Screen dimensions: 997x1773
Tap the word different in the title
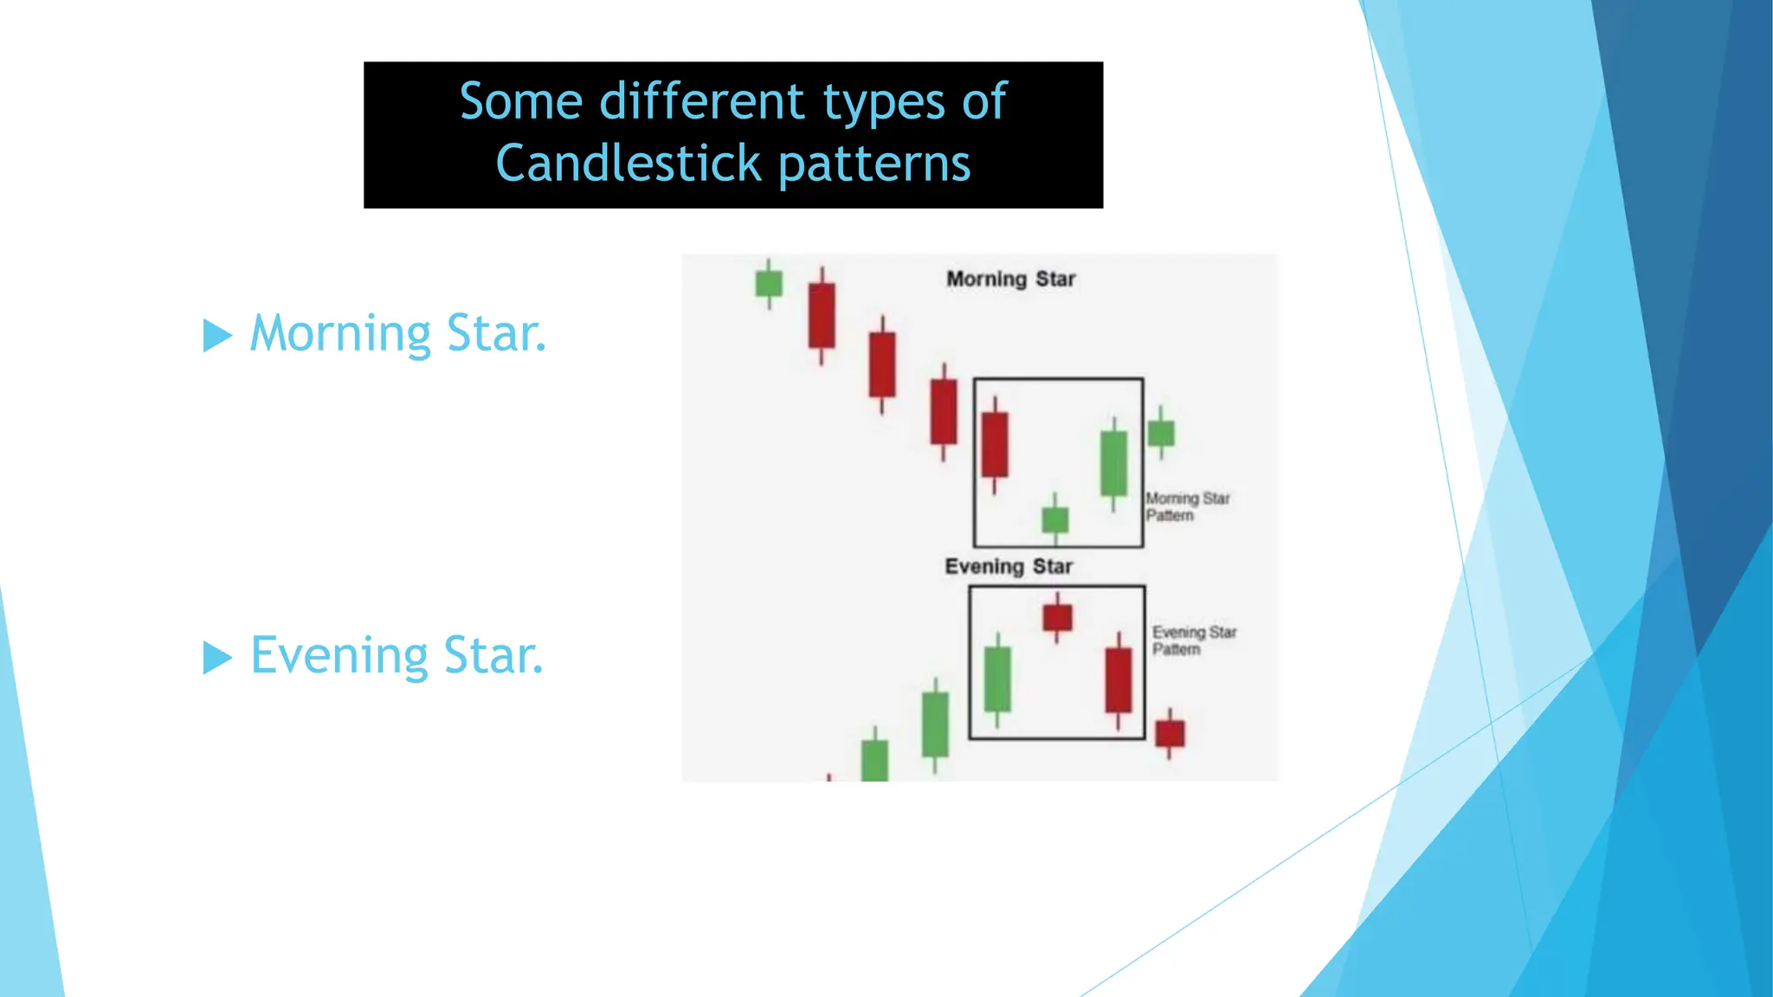tap(702, 101)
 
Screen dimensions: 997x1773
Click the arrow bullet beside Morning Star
tap(217, 335)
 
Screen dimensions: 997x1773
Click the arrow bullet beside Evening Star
tap(217, 657)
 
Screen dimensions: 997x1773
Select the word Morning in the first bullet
tap(340, 333)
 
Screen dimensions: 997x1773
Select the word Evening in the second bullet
tap(338, 655)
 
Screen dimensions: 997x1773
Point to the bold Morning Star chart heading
tap(1010, 279)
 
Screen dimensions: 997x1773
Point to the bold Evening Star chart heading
tap(1009, 566)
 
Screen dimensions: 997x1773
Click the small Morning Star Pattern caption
tap(1186, 506)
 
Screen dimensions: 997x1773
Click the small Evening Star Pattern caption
tap(1194, 640)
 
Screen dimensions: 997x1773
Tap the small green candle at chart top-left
tap(769, 283)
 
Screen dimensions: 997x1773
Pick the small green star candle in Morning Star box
tap(1054, 519)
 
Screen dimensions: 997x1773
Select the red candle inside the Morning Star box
tap(995, 444)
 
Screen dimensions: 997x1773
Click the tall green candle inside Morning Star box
tap(1113, 463)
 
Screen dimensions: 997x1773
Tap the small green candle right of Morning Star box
tap(1161, 433)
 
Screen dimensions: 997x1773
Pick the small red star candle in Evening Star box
tap(1057, 617)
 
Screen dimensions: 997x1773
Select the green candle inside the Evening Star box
tap(997, 679)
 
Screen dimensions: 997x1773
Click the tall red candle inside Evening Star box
tap(1119, 680)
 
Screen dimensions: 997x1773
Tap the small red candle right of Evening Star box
tap(1170, 733)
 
